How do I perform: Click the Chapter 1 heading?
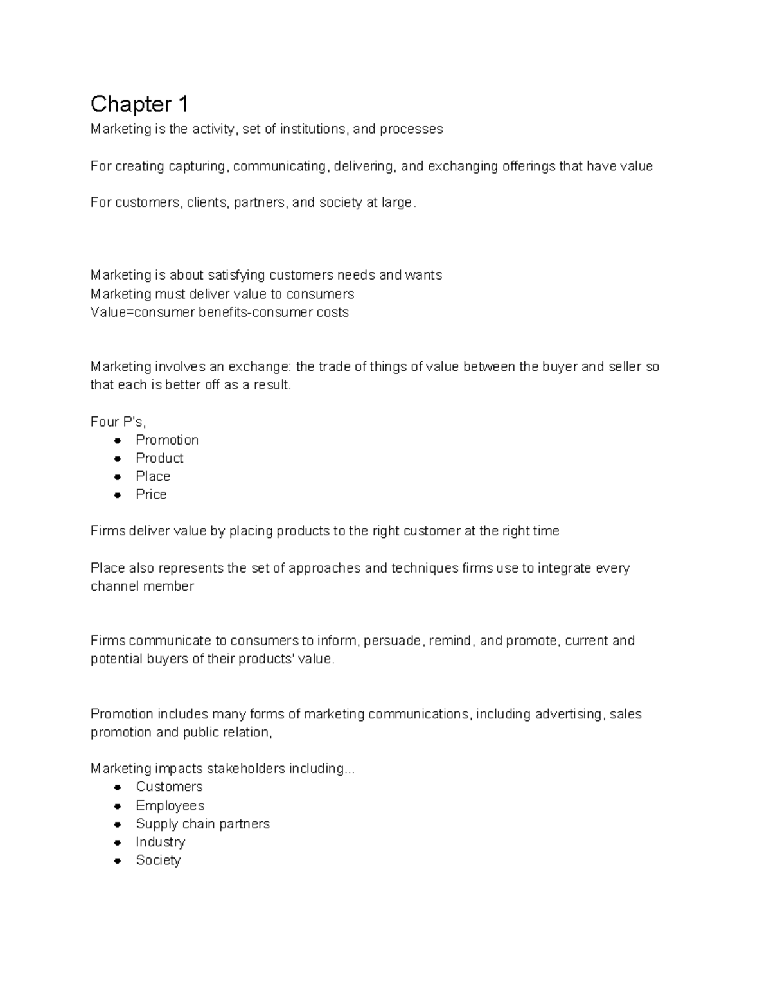(x=139, y=104)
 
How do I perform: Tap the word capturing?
(x=197, y=166)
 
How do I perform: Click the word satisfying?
(x=236, y=275)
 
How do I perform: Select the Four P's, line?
(x=118, y=422)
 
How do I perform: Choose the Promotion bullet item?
(x=167, y=440)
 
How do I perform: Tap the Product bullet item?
(x=159, y=458)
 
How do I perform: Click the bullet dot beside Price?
(x=118, y=495)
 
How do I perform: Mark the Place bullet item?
(x=153, y=476)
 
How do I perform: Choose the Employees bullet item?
(x=170, y=806)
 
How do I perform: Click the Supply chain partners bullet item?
(x=202, y=824)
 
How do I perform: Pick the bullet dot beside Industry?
(x=118, y=842)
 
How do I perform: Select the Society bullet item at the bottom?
(x=158, y=860)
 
